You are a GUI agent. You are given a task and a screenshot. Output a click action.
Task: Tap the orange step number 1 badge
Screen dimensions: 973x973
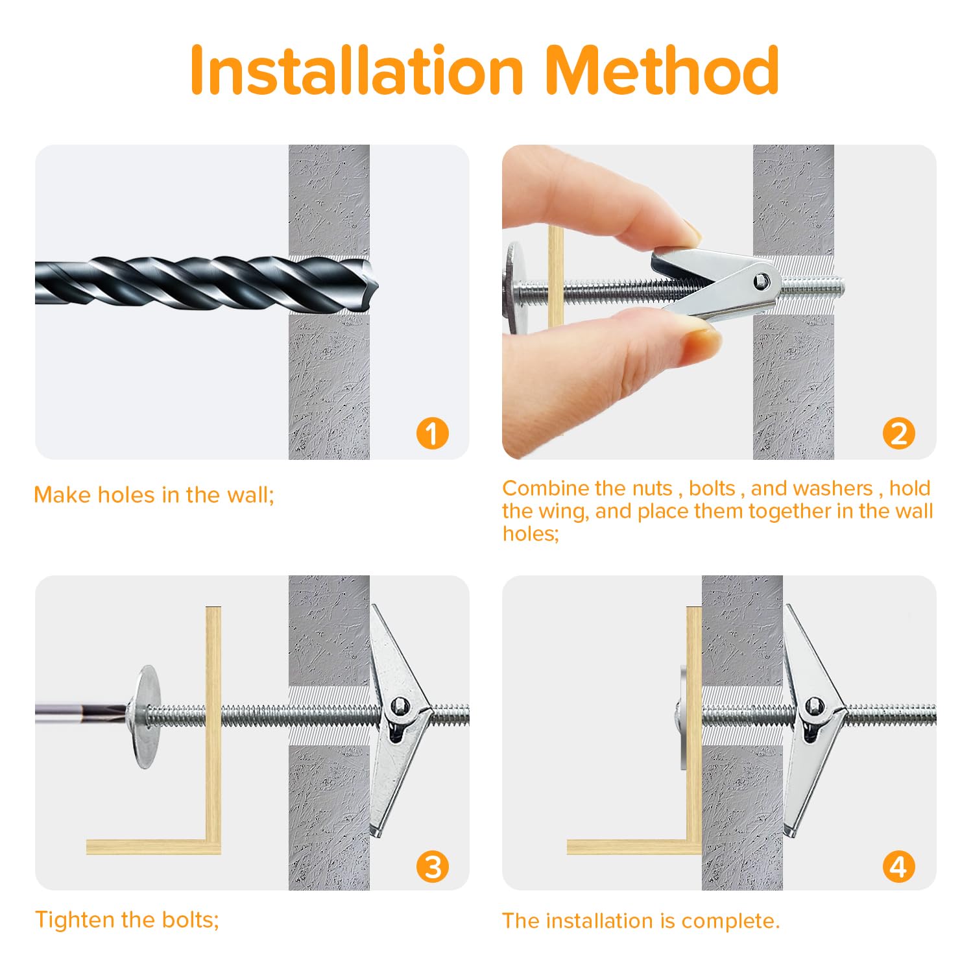click(433, 433)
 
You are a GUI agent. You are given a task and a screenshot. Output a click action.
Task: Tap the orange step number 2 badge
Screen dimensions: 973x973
click(899, 433)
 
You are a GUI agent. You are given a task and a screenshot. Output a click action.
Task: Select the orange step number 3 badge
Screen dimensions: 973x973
click(433, 867)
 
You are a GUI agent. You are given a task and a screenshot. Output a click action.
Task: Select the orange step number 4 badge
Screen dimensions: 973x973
click(899, 867)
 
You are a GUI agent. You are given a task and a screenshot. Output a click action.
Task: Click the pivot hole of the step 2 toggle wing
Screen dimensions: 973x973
click(762, 281)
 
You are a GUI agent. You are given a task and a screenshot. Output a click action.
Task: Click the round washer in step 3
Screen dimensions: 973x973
click(147, 716)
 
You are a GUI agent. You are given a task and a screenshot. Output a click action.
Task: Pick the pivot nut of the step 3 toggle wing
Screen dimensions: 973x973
click(399, 706)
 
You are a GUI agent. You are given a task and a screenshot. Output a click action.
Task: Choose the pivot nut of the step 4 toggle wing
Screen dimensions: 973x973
click(813, 706)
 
